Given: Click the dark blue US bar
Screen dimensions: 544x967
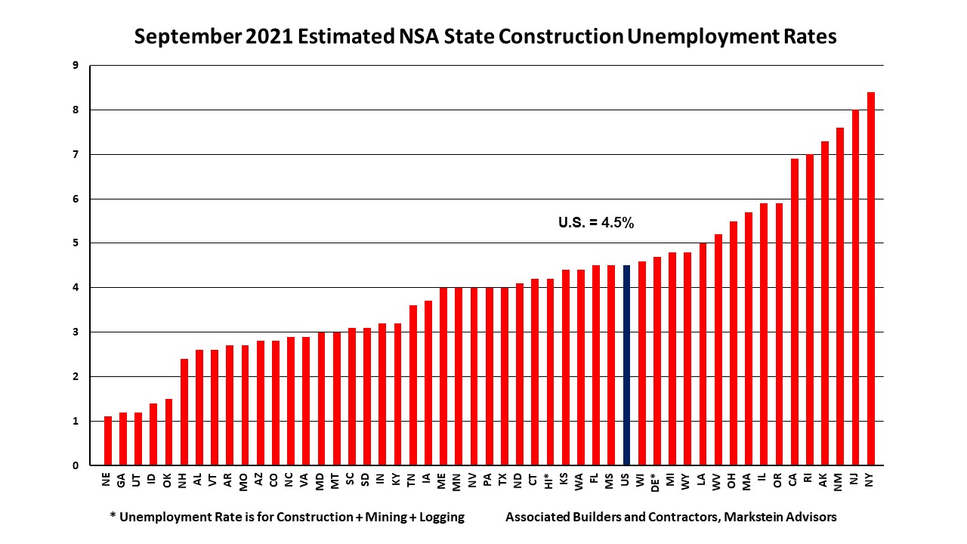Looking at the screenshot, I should [x=626, y=365].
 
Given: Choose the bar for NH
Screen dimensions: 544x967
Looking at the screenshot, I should [x=184, y=412].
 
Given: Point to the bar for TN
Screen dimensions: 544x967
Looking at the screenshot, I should [x=412, y=385].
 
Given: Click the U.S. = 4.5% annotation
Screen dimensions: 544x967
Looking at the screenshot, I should [x=595, y=223].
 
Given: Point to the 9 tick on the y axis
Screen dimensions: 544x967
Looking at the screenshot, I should [x=76, y=66].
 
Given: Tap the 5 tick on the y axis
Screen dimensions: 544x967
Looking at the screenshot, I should [x=76, y=243].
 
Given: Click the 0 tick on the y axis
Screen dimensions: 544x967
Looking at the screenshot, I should [x=76, y=465].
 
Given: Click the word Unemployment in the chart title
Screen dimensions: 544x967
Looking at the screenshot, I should [x=697, y=36].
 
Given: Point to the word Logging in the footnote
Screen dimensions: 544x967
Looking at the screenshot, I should [x=440, y=518].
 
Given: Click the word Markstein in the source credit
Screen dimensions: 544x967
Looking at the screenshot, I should [x=752, y=518].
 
